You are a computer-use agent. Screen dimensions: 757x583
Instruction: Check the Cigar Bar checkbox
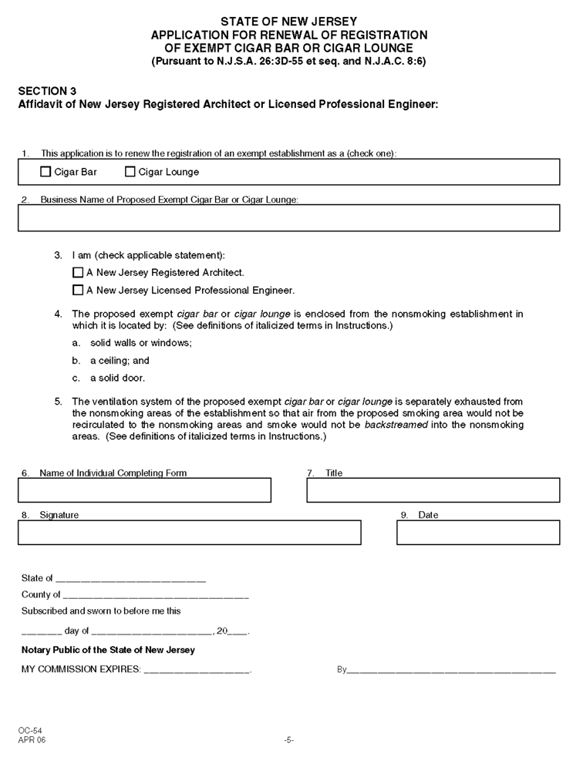click(45, 172)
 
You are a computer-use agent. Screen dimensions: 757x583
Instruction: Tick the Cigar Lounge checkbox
click(130, 172)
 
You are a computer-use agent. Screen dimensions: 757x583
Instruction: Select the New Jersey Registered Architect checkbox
click(77, 272)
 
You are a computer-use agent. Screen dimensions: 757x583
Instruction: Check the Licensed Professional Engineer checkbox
click(77, 291)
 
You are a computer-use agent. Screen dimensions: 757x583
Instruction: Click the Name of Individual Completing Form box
click(144, 490)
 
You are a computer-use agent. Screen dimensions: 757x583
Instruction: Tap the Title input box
click(433, 490)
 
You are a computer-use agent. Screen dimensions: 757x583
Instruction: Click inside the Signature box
click(189, 533)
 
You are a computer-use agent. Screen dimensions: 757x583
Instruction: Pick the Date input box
click(478, 533)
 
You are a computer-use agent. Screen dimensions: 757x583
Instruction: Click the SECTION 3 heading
click(47, 90)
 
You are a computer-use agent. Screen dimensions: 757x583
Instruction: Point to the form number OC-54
click(32, 730)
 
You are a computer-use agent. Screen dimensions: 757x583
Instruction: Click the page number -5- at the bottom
click(288, 740)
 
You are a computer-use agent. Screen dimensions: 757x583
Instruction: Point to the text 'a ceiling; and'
click(120, 360)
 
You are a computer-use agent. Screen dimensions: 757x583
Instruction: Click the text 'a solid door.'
click(117, 378)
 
